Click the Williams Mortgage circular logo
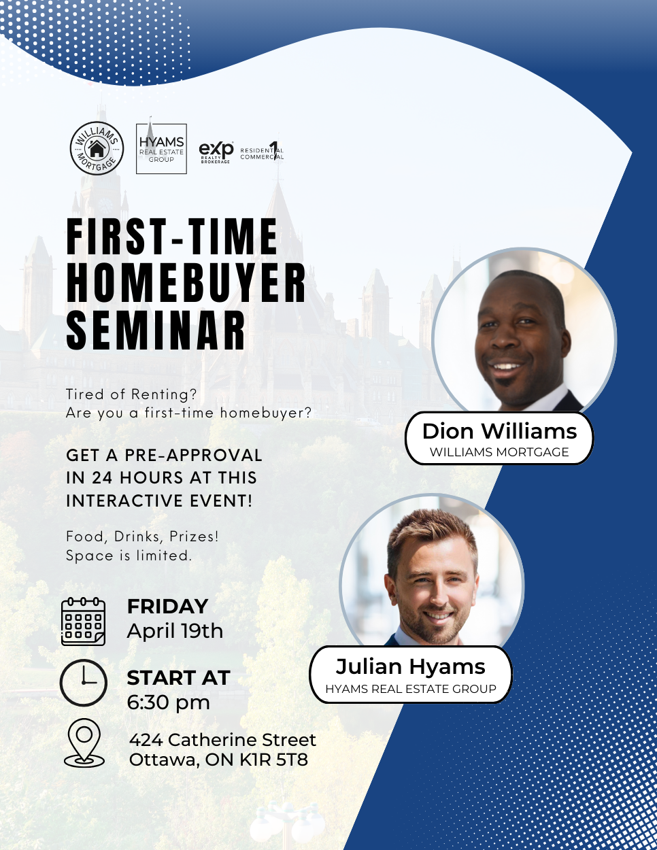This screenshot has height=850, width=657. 97,148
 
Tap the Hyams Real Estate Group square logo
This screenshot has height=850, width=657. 161,149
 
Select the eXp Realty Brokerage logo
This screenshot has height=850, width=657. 216,152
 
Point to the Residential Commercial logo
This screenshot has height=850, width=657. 262,151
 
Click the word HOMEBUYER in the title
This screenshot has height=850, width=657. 186,283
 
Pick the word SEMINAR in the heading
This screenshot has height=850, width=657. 156,330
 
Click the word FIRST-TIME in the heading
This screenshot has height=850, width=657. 172,236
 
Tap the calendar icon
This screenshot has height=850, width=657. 83,622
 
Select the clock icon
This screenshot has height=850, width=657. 83,683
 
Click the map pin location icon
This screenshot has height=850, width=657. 84,743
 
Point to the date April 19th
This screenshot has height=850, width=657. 175,631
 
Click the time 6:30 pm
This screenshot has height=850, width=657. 169,702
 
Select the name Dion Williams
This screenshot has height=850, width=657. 499,431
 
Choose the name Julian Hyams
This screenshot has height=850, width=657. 411,666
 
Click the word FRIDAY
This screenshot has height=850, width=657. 167,607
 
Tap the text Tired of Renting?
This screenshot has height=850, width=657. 131,394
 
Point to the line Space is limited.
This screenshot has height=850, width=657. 129,555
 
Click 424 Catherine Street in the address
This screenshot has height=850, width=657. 222,740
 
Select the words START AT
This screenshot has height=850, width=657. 178,677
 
